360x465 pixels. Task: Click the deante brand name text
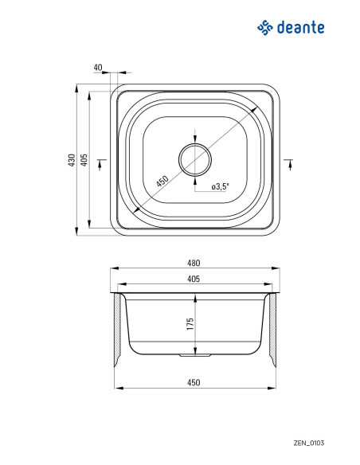tap(300, 28)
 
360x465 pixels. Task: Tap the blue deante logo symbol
tap(264, 28)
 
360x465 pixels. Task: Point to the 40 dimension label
tap(97, 68)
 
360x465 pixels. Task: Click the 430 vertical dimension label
tap(72, 160)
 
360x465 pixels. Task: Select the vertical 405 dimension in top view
tap(84, 160)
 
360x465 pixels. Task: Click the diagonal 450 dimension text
tap(162, 181)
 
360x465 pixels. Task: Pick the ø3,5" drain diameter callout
tap(221, 186)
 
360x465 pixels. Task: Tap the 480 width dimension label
tap(194, 263)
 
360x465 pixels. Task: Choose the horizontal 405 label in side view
tap(194, 279)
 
